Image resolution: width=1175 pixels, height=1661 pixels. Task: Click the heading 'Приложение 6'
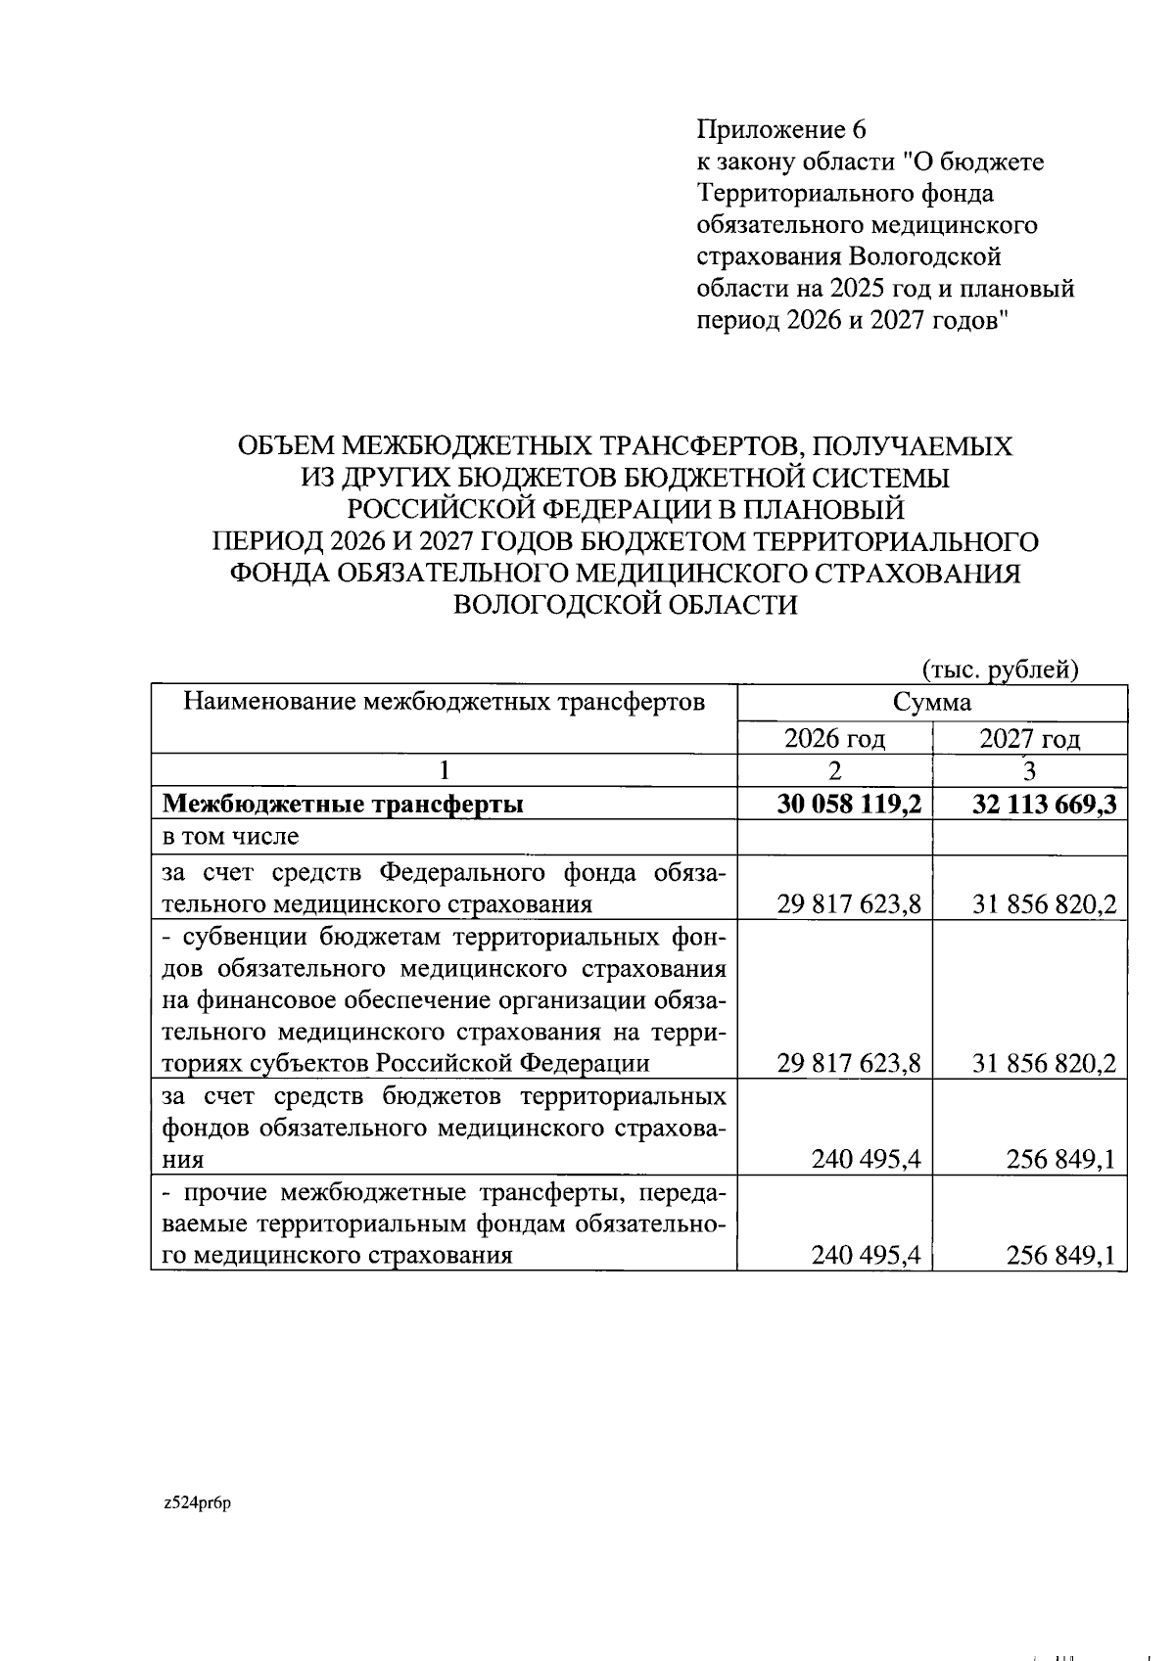click(x=781, y=129)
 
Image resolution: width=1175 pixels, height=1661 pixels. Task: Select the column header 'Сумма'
click(x=931, y=702)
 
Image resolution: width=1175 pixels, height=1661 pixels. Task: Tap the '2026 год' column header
click(x=834, y=738)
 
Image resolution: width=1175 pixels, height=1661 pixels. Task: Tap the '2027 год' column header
click(x=1029, y=738)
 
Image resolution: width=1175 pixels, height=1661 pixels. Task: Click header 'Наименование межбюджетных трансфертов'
click(x=445, y=702)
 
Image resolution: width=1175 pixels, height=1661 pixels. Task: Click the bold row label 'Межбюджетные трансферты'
click(x=343, y=804)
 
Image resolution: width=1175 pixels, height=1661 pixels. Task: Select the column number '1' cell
click(x=443, y=770)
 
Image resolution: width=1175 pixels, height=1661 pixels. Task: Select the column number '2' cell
click(x=834, y=770)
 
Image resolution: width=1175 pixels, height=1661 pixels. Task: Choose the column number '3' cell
click(x=1029, y=770)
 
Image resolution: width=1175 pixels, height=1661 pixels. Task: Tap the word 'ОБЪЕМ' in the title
click(x=286, y=446)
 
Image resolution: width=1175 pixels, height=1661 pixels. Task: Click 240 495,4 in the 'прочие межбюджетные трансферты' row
click(x=866, y=1256)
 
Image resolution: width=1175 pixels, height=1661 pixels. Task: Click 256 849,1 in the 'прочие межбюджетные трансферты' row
click(x=1060, y=1256)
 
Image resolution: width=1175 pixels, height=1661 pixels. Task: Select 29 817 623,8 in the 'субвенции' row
click(x=848, y=1063)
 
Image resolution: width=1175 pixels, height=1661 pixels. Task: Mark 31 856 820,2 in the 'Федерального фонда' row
click(x=1044, y=903)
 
